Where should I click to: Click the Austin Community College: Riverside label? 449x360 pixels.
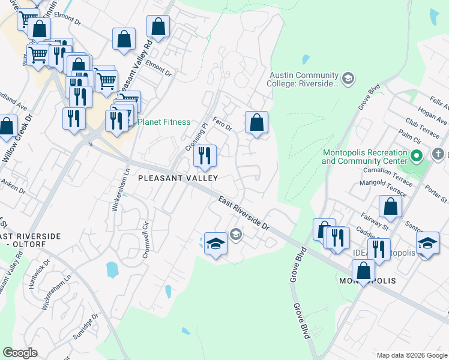click(304, 79)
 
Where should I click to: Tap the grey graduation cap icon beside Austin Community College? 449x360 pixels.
click(348, 79)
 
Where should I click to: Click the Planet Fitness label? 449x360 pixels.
click(164, 122)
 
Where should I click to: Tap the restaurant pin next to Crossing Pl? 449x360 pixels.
click(205, 157)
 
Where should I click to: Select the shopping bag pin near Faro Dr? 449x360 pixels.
click(256, 123)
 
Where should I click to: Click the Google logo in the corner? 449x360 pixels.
click(20, 353)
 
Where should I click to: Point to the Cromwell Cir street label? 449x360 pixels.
click(145, 238)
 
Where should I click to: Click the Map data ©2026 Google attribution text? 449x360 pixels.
click(411, 355)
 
